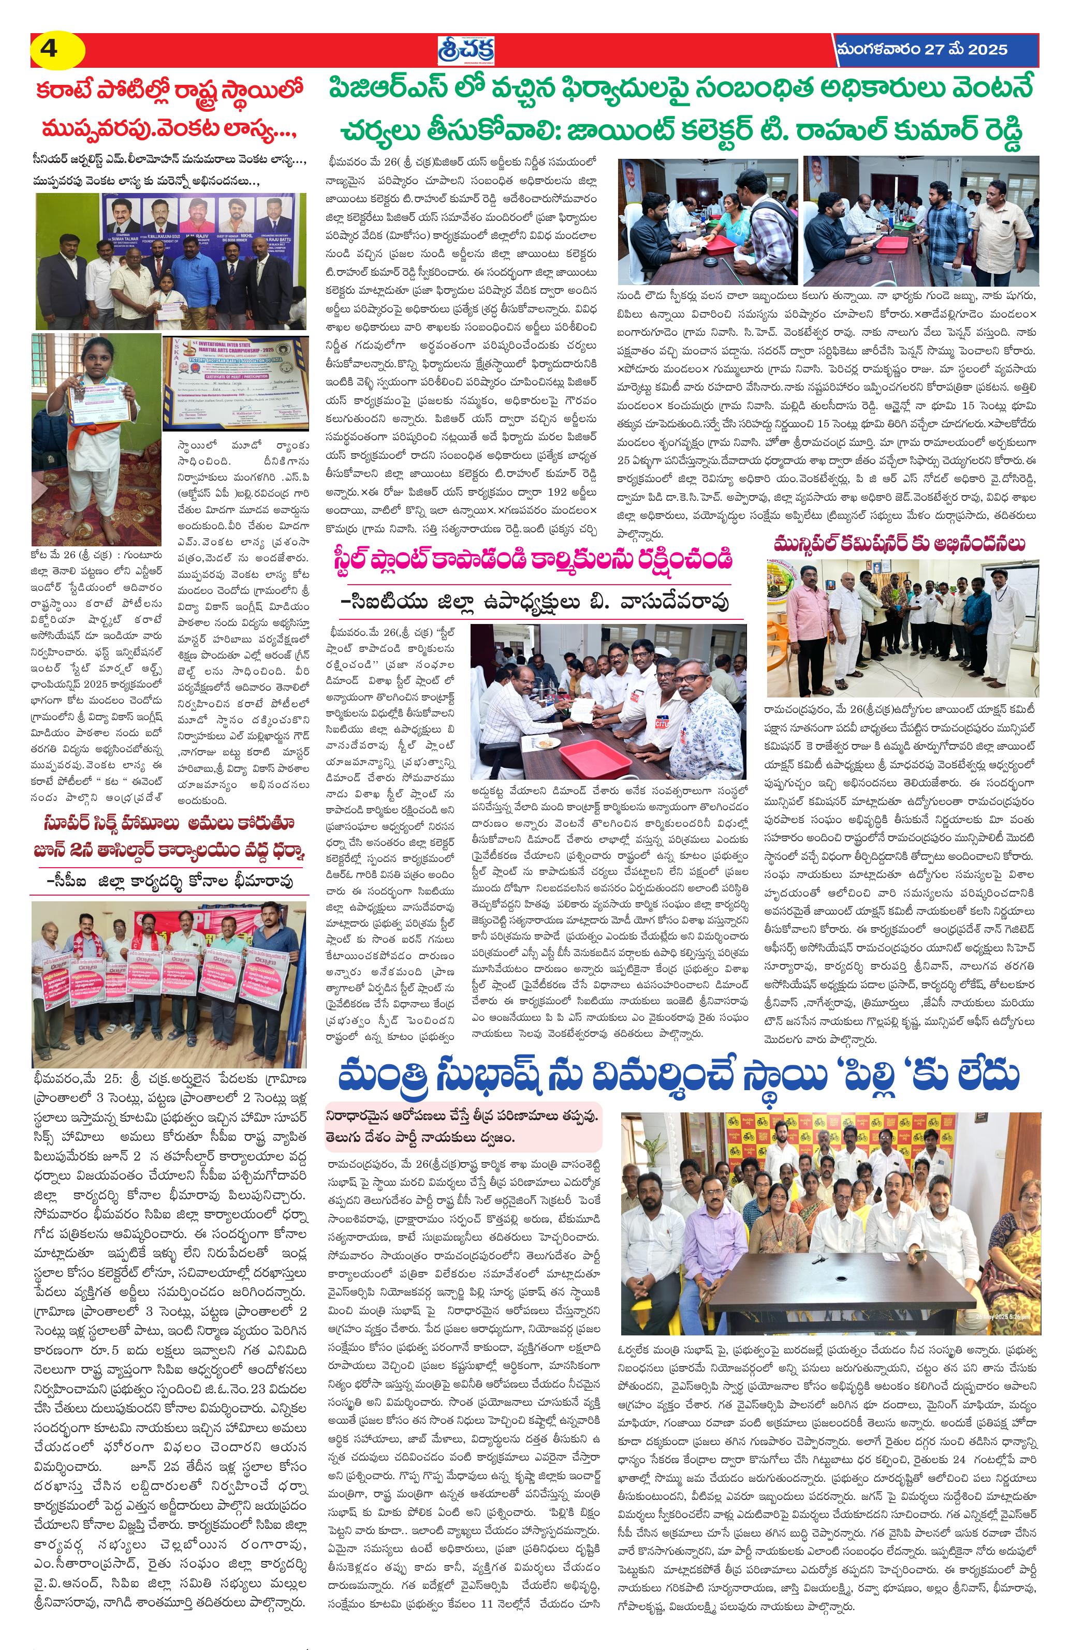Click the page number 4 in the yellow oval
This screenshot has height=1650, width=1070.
pyautogui.click(x=50, y=50)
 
